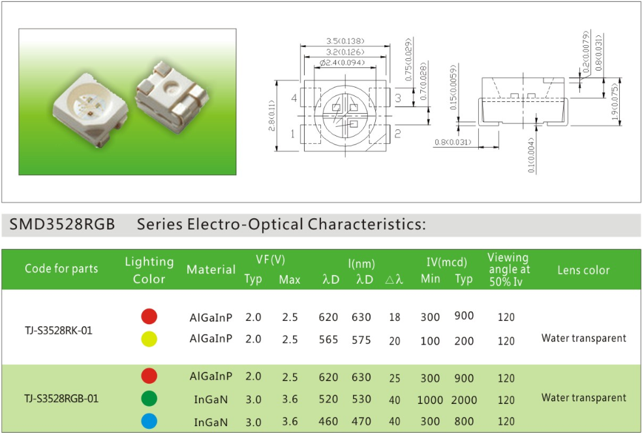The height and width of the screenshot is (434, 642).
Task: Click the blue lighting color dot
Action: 149,422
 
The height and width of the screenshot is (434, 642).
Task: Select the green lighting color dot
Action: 149,398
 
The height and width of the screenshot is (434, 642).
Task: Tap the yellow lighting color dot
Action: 149,339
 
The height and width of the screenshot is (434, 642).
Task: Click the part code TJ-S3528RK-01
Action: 59,331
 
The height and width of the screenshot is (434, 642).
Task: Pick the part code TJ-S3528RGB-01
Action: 61,398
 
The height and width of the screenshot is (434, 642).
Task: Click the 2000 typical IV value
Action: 464,400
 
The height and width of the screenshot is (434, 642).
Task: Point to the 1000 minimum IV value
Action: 430,400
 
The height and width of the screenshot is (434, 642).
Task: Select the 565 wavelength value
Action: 328,340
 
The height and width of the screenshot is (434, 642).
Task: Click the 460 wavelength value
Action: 328,422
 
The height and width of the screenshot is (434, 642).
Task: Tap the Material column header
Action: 211,269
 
